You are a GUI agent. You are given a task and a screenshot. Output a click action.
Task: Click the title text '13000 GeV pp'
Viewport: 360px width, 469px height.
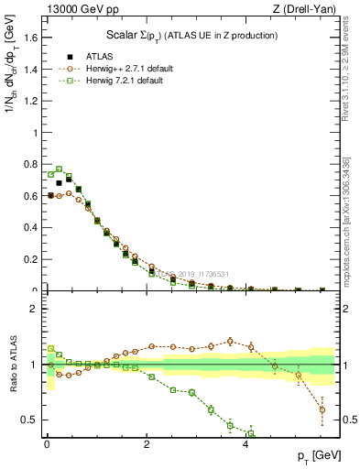coord(76,9)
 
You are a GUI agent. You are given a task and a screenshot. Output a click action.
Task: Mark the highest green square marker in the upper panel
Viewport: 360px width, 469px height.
coord(60,169)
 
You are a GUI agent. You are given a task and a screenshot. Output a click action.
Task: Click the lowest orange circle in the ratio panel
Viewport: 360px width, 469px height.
coord(322,409)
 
